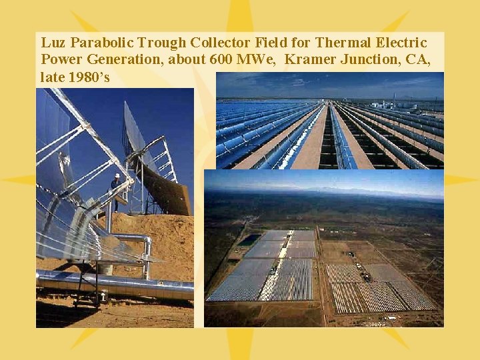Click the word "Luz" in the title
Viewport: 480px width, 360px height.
[x=53, y=43]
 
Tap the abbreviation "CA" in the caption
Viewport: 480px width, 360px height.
[x=417, y=60]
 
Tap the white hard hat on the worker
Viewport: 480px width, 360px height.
[x=116, y=176]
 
